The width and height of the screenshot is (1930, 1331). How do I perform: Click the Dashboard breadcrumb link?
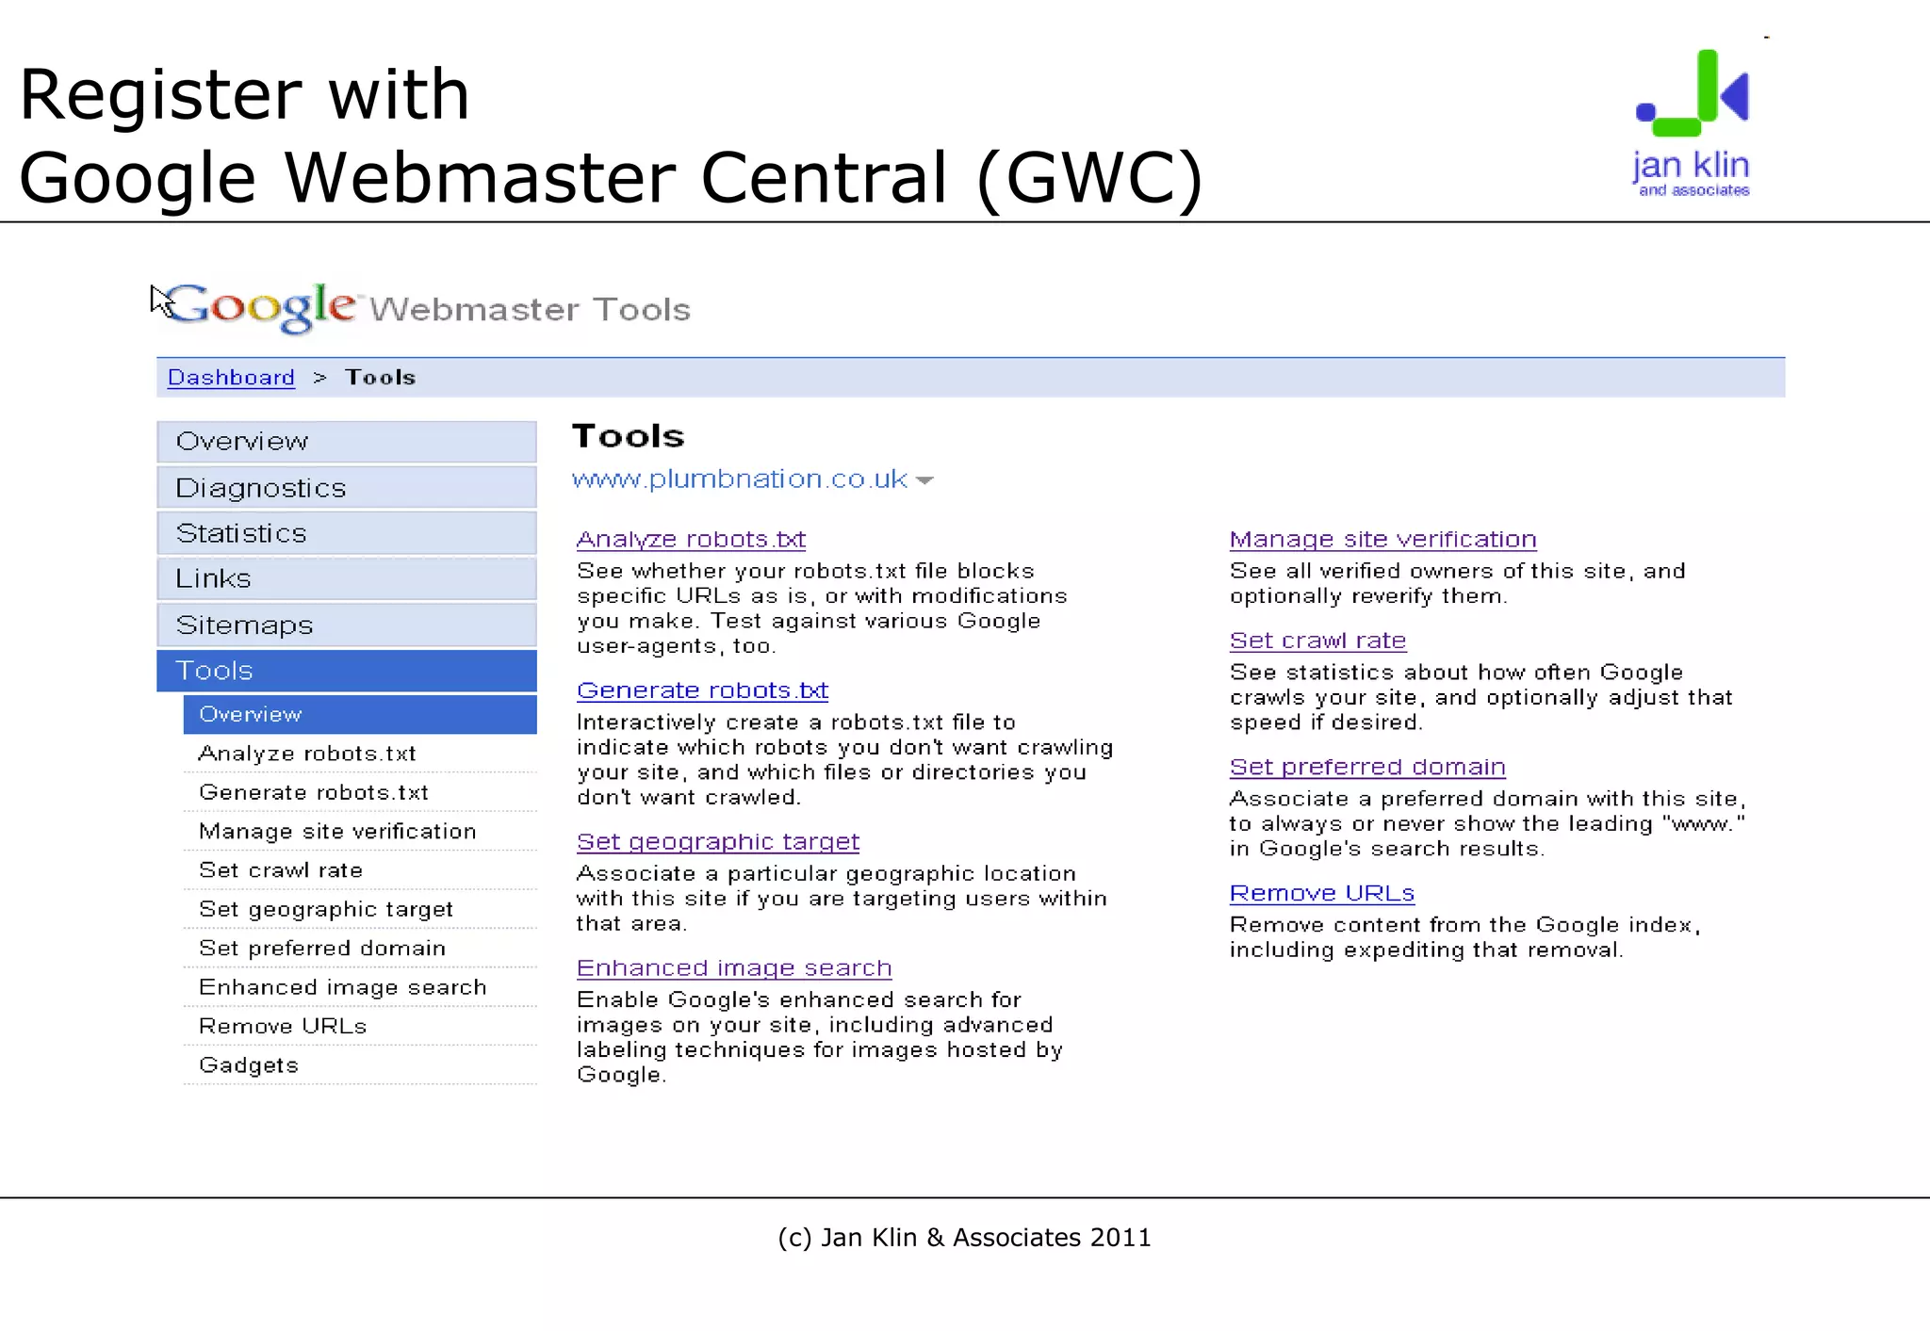(231, 378)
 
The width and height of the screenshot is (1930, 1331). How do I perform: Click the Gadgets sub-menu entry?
(249, 1065)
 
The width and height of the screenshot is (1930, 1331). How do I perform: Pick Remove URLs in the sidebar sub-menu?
(283, 1026)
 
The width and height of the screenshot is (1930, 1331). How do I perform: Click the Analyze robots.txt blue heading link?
(691, 539)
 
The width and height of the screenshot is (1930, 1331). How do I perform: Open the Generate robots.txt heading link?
(702, 690)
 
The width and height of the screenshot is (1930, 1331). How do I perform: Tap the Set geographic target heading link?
(717, 841)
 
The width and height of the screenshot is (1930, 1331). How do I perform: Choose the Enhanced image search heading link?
(733, 967)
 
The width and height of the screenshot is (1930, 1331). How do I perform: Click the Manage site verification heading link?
(1382, 539)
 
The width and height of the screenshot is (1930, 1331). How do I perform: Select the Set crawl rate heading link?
(1317, 641)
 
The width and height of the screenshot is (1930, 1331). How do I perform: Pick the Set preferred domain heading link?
(1367, 767)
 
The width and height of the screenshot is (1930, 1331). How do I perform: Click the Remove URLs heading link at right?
(1322, 893)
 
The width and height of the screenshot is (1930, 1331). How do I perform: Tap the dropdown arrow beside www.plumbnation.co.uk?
(924, 480)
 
